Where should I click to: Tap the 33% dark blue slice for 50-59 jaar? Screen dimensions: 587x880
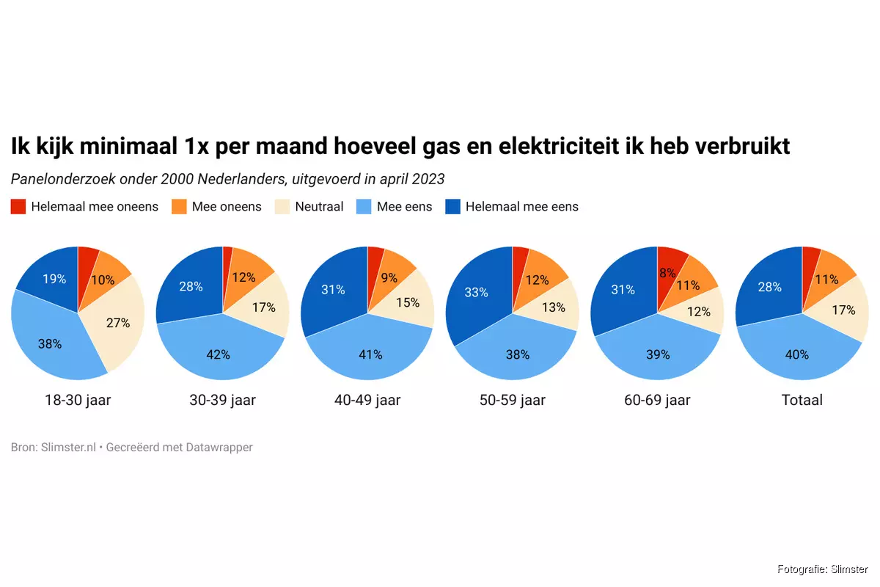(x=477, y=292)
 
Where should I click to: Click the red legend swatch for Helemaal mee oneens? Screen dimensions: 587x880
(x=19, y=206)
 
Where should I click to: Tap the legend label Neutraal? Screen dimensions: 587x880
(x=319, y=206)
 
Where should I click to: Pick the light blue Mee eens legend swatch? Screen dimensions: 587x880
(x=365, y=206)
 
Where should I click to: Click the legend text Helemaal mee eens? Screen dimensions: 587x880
(x=521, y=206)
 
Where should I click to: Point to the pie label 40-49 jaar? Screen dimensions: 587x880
(x=367, y=400)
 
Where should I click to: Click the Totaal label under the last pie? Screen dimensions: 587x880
(x=802, y=400)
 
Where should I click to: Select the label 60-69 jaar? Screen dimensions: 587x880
(x=657, y=400)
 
